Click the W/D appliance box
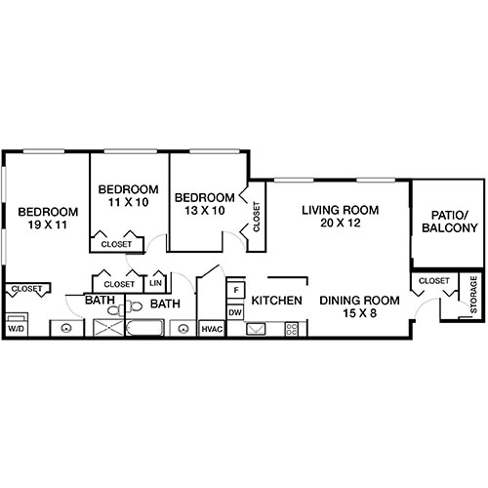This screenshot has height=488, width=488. (16, 329)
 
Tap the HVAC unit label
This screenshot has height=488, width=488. (212, 329)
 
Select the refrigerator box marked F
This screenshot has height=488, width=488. (234, 290)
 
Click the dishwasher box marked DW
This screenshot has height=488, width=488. (234, 312)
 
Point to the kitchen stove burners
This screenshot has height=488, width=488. (291, 329)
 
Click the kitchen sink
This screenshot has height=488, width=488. (257, 329)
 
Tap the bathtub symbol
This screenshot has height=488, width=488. (147, 329)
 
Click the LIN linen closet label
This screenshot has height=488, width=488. (156, 283)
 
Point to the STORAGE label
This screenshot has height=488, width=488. (473, 295)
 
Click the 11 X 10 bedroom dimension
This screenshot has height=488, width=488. (128, 203)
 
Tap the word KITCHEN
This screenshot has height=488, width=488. (276, 301)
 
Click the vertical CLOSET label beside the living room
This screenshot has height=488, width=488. (257, 217)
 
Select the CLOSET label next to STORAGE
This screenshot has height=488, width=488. (433, 281)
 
